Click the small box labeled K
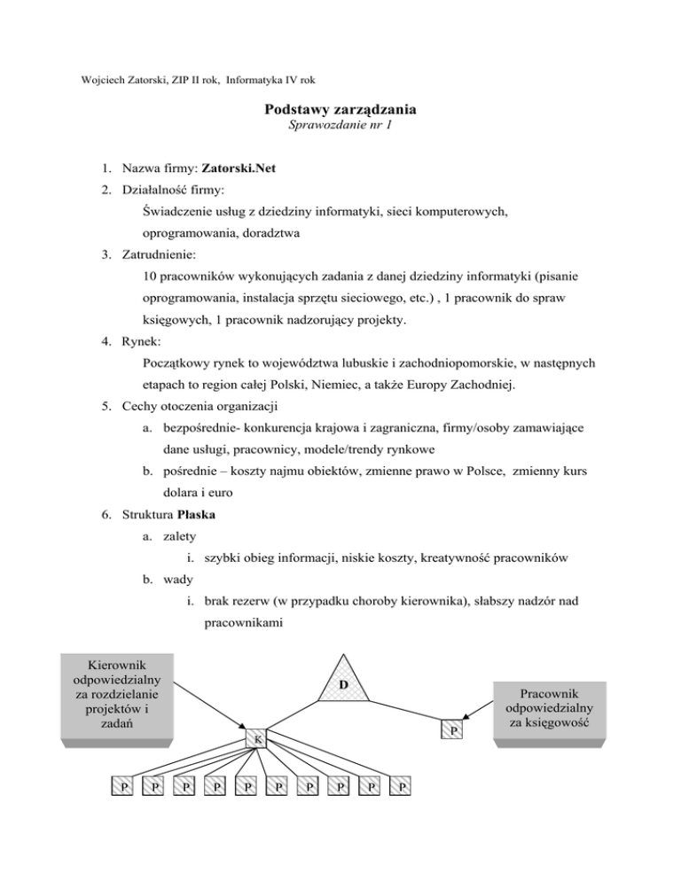tap(256, 738)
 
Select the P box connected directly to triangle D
tap(453, 729)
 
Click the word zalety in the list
tap(180, 537)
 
